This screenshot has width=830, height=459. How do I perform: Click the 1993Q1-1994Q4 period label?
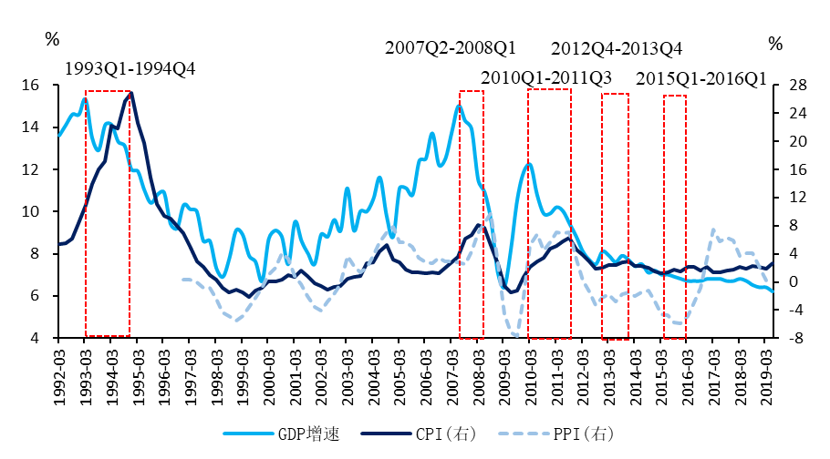130,68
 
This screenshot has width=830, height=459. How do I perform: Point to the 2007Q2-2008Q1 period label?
451,47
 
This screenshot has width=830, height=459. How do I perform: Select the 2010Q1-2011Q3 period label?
546,76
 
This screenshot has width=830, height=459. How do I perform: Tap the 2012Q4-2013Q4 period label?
617,48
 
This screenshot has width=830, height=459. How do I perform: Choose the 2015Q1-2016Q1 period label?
701,77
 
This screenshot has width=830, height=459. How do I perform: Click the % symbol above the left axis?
52,39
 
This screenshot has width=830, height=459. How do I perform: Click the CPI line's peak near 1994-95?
131,92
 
